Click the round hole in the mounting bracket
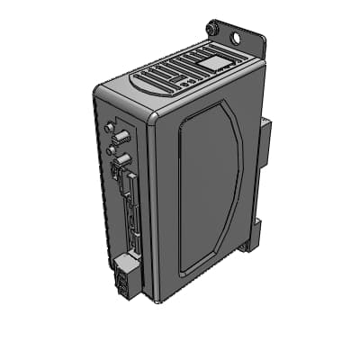pos(238,39)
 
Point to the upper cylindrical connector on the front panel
pos(119,138)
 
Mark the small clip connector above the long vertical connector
pos(117,172)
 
